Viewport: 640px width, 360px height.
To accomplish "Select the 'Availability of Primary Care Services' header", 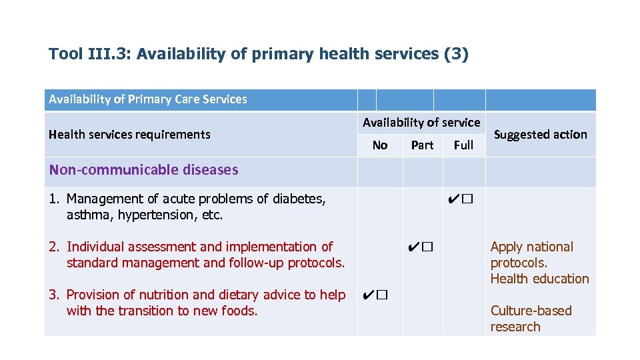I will pyautogui.click(x=147, y=99).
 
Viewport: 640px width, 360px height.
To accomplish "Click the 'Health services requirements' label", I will pyautogui.click(x=129, y=134).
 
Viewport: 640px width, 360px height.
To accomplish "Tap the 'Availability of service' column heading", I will pyautogui.click(x=421, y=122).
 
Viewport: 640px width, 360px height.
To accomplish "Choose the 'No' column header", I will pyautogui.click(x=380, y=145).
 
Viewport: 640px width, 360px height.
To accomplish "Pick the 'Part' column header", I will pyautogui.click(x=422, y=145).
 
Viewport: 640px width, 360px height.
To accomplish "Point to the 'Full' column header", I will pyautogui.click(x=463, y=145).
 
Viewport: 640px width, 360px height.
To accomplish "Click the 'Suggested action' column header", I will pyautogui.click(x=540, y=134).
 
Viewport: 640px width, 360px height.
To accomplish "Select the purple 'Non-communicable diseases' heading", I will pyautogui.click(x=143, y=169).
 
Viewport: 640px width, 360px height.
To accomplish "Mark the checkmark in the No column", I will pyautogui.click(x=368, y=295).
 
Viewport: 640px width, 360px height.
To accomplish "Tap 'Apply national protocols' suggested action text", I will pyautogui.click(x=531, y=255).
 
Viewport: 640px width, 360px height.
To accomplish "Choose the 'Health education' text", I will pyautogui.click(x=539, y=279).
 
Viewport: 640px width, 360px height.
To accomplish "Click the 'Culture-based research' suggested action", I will pyautogui.click(x=531, y=319).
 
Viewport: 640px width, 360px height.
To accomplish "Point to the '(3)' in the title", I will pyautogui.click(x=456, y=54).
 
